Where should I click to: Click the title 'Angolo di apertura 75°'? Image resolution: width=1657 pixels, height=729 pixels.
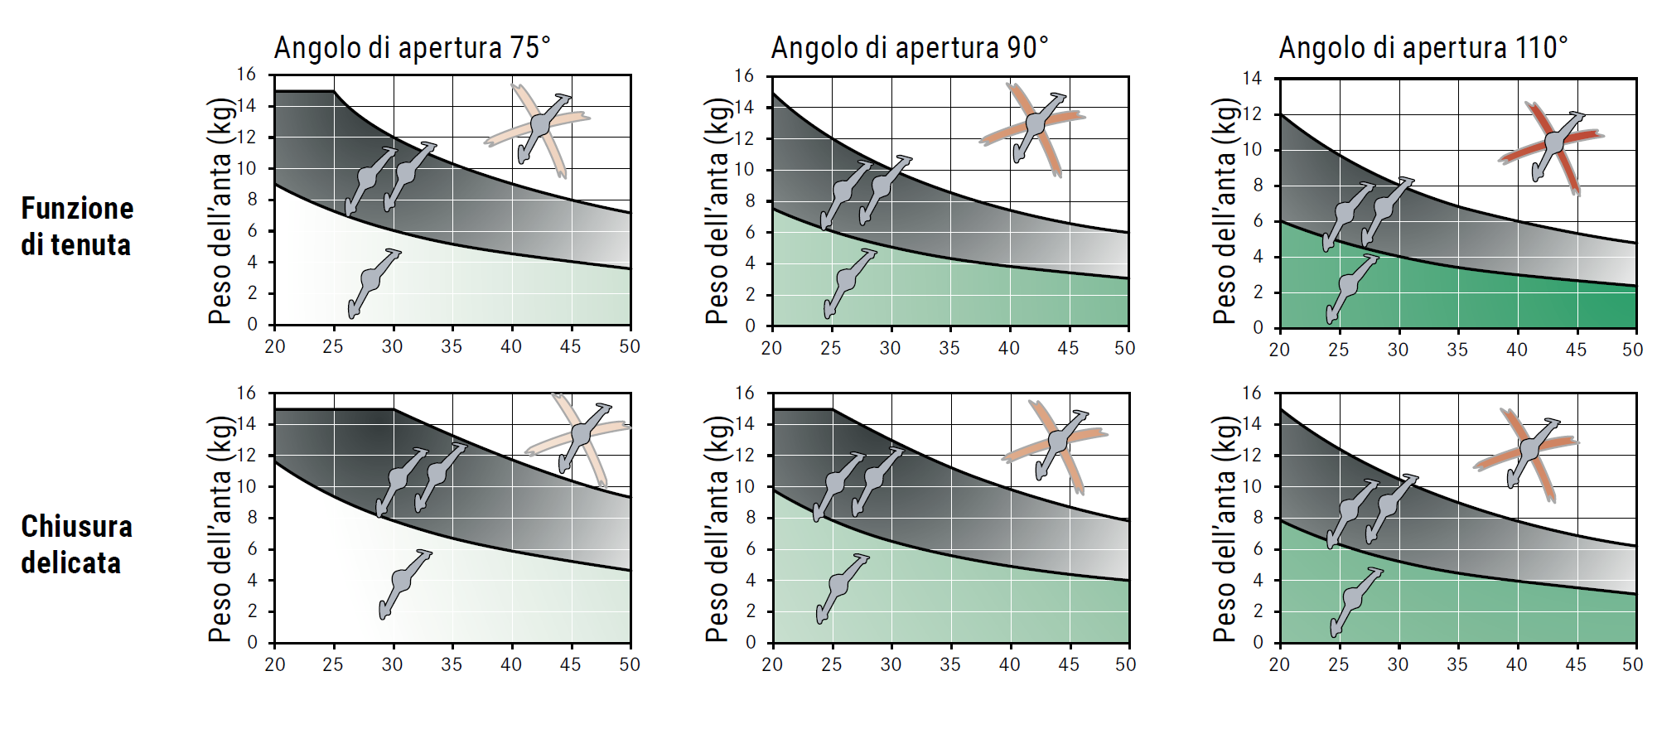click(412, 48)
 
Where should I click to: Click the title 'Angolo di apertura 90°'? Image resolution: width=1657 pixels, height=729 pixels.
click(909, 48)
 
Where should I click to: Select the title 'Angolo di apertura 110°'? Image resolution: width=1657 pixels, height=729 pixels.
click(1423, 48)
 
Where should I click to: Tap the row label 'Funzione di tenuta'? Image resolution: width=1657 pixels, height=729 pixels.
click(76, 226)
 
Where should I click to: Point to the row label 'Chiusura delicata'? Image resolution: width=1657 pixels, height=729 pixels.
click(76, 544)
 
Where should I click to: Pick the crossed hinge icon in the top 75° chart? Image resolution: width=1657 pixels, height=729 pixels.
click(539, 127)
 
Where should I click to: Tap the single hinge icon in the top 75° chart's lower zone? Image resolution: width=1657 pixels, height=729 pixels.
click(373, 282)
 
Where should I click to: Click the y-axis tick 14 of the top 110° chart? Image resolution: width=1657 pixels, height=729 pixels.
click(1252, 79)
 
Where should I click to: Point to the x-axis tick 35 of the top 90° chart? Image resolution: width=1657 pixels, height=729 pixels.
click(949, 349)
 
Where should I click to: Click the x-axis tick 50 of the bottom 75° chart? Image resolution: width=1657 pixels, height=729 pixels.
click(630, 664)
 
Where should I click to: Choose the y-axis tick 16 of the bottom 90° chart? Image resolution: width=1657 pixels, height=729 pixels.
click(744, 393)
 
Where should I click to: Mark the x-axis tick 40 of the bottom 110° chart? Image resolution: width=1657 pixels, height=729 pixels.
click(1517, 664)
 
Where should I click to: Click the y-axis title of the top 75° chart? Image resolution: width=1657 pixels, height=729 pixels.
click(220, 211)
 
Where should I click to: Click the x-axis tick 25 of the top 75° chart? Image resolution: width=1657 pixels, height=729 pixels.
click(333, 346)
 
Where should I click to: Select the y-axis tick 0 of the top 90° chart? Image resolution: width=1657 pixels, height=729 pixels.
click(750, 326)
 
